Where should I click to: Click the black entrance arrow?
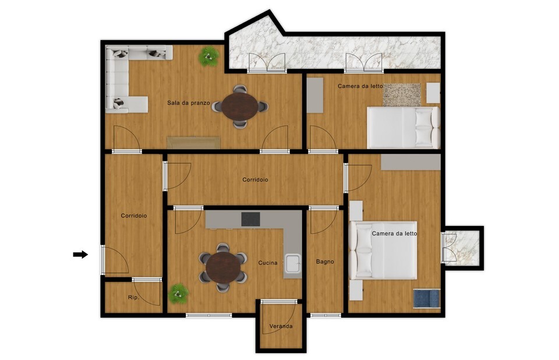click(80, 255)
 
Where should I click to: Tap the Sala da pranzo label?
click(189, 103)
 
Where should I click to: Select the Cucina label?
click(268, 263)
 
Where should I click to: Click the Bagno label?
click(325, 262)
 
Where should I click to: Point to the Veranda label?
click(281, 326)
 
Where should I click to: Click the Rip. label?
click(133, 297)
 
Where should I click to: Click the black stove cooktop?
click(250, 219)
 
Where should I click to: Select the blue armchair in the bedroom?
click(427, 298)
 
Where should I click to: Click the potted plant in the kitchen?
click(178, 294)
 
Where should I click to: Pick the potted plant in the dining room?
click(209, 57)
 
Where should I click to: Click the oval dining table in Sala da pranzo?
click(240, 107)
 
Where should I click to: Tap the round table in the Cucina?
click(223, 267)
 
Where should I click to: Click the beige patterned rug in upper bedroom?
click(402, 95)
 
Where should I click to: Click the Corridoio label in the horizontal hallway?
click(255, 179)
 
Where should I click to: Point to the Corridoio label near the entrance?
click(134, 216)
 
